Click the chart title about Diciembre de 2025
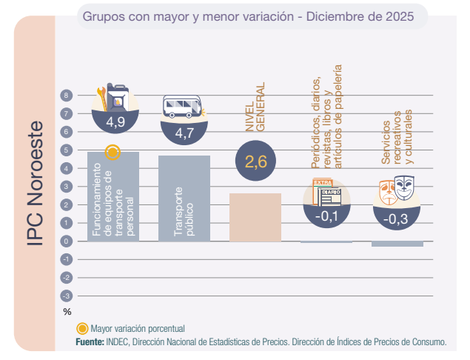click(x=254, y=16)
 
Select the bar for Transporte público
click(x=184, y=198)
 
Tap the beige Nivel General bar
click(x=255, y=217)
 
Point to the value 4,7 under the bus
click(x=184, y=133)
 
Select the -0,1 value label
click(x=326, y=216)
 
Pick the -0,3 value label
click(x=398, y=219)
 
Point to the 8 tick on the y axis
click(x=67, y=96)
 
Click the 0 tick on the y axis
click(x=67, y=241)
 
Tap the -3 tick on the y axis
click(x=67, y=296)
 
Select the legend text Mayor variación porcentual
click(x=137, y=328)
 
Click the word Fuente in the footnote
click(x=90, y=341)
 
